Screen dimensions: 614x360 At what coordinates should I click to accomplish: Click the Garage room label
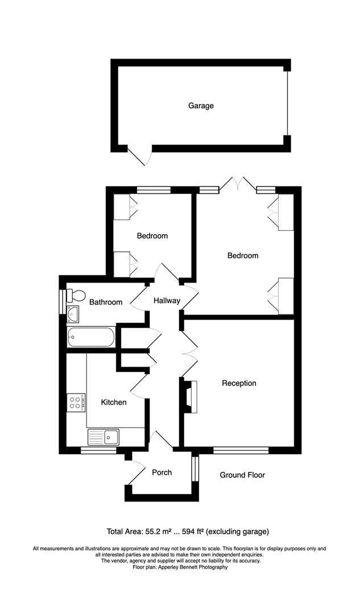[x=201, y=106]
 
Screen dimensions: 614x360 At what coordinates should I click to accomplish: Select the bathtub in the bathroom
[x=91, y=337]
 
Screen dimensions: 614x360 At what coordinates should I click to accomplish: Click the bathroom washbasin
[x=73, y=313]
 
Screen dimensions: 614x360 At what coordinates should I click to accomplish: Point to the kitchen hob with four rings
[x=76, y=403]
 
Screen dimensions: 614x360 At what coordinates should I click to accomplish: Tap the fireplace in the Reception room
[x=191, y=397]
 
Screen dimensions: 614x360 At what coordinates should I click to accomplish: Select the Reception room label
[x=239, y=383]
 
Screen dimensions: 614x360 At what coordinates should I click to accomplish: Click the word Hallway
[x=167, y=301]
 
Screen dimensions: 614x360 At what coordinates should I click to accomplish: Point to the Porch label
[x=162, y=472]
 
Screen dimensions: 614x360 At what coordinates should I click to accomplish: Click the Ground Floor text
[x=242, y=475]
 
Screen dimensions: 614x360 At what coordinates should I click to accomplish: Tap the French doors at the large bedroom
[x=238, y=184]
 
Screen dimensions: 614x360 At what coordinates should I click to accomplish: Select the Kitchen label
[x=114, y=403]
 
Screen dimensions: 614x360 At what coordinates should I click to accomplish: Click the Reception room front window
[x=241, y=450]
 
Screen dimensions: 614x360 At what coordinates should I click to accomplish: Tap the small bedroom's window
[x=154, y=190]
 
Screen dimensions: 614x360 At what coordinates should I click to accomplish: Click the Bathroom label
[x=105, y=302]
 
